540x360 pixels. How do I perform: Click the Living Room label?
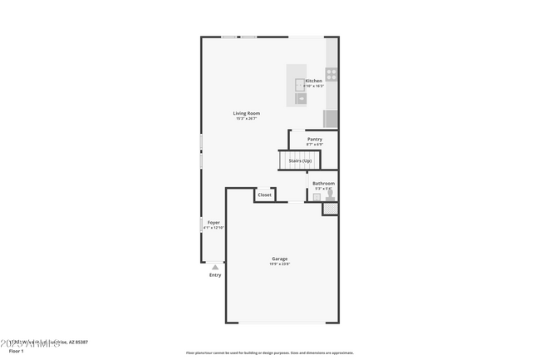[246, 113]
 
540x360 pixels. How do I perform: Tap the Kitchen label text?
[313, 81]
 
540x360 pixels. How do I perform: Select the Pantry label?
[314, 139]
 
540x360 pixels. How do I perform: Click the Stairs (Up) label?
[300, 160]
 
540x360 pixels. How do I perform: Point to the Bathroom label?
[323, 183]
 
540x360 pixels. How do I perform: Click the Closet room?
[264, 195]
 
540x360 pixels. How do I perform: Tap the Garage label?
[279, 259]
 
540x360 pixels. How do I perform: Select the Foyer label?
[214, 222]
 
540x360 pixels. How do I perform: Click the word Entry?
[215, 274]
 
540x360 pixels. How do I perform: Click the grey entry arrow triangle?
[215, 267]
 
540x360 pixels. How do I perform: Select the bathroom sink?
[317, 197]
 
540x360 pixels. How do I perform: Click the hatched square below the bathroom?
[330, 210]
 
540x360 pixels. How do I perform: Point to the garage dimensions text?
[279, 264]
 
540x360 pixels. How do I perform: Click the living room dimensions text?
[246, 119]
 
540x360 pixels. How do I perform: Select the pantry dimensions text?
[314, 145]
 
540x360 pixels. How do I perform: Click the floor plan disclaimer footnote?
[269, 353]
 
